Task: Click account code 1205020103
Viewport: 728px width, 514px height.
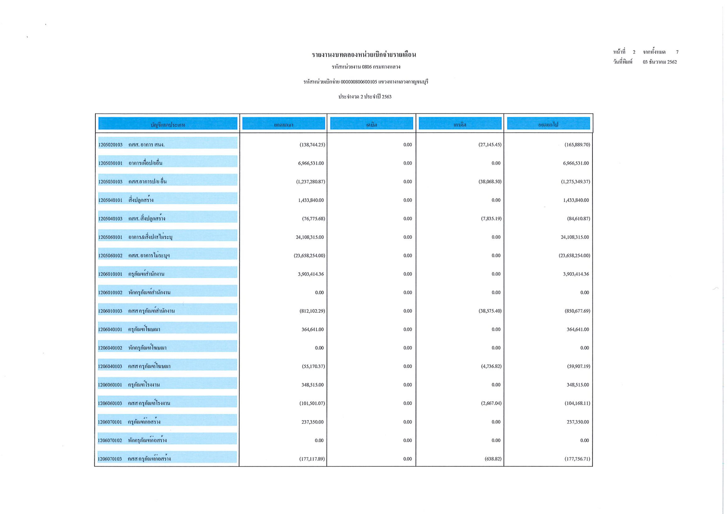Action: (x=110, y=145)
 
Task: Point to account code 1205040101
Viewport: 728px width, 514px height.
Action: (x=110, y=200)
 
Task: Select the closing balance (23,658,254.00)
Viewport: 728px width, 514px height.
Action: (x=574, y=256)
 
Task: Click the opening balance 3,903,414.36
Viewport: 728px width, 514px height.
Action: (x=311, y=274)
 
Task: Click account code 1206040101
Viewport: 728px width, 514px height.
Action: (x=110, y=329)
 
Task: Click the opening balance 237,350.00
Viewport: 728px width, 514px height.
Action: (x=313, y=422)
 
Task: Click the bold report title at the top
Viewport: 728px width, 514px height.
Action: (x=364, y=55)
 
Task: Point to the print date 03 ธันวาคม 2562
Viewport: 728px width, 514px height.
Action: (x=660, y=62)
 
